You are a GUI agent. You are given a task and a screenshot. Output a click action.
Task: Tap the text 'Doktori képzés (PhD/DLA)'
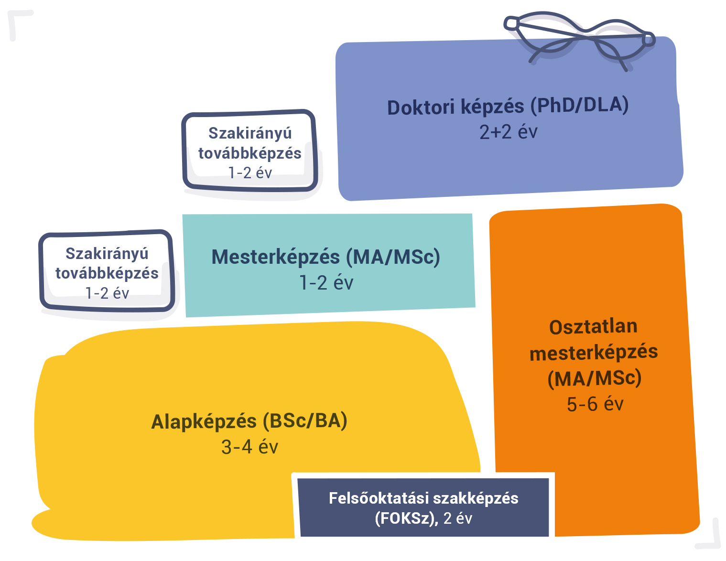(x=508, y=106)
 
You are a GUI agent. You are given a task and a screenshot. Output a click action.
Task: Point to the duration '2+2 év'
(x=508, y=132)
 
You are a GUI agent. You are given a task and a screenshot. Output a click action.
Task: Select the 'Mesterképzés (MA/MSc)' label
(x=325, y=257)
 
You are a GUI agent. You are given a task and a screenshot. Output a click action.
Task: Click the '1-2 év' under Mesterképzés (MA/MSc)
(x=326, y=283)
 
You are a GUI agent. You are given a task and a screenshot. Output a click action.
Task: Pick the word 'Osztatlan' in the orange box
(x=593, y=327)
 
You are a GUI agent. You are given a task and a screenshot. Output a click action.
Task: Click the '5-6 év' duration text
(x=595, y=404)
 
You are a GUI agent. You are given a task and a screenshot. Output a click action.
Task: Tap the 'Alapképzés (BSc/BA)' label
(x=249, y=421)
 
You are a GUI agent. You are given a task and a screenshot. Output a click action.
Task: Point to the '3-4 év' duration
(x=249, y=447)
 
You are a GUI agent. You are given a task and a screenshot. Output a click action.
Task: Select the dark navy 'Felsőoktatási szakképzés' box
(x=423, y=507)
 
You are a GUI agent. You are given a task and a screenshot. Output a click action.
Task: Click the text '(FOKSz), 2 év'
(x=423, y=518)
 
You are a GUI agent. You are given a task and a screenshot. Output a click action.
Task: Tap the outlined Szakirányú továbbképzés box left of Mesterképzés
(x=107, y=272)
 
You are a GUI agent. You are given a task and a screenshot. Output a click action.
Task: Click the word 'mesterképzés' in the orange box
(x=594, y=353)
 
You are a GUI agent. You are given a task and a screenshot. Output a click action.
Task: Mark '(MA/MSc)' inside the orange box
(x=594, y=378)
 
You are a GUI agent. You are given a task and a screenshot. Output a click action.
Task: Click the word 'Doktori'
(x=421, y=108)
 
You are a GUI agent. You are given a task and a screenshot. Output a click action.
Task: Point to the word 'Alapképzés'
(x=204, y=422)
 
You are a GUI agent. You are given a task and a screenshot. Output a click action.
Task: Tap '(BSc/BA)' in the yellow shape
(x=305, y=421)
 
